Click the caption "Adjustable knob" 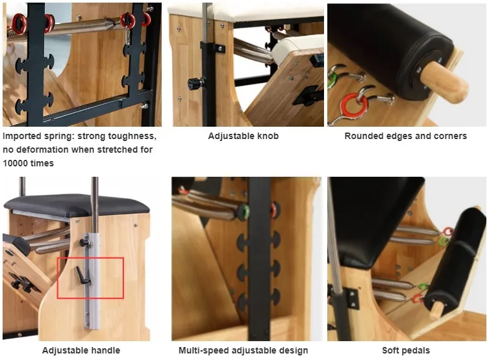tap(243, 136)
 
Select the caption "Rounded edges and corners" tap(405, 136)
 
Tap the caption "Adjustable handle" tap(81, 351)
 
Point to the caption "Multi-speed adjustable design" tap(243, 351)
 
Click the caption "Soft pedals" tap(405, 351)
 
